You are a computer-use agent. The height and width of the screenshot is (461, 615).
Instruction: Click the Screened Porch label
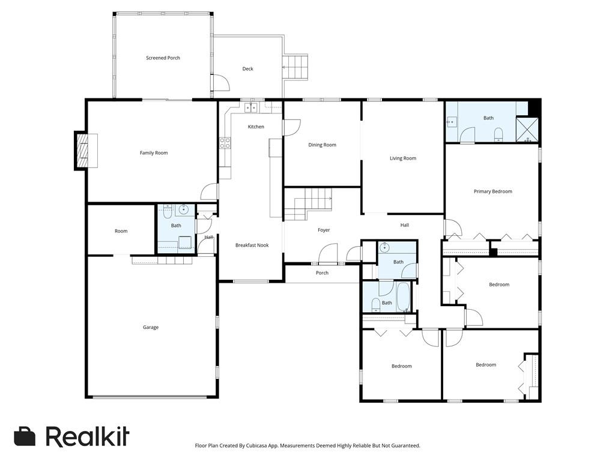point(163,58)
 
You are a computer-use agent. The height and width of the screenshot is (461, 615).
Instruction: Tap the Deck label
point(247,69)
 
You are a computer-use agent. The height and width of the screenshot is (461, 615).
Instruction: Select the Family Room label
point(154,153)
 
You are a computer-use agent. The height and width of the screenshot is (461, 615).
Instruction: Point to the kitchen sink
point(250,108)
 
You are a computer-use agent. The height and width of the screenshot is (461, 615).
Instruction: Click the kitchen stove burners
point(225,143)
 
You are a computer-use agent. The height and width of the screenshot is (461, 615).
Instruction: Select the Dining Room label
point(322,145)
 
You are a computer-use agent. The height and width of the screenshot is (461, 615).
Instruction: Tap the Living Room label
point(402,158)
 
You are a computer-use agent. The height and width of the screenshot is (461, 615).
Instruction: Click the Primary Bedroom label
point(492,191)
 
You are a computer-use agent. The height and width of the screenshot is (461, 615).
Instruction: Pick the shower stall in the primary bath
point(528,130)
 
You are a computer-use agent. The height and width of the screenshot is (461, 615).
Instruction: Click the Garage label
point(151,327)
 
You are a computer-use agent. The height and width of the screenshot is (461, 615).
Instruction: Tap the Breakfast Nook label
point(252,245)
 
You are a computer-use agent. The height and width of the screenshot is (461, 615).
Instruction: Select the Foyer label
point(324,230)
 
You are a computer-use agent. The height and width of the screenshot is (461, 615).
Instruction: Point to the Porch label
point(322,273)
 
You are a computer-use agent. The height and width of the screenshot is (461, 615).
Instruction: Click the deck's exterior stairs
point(295,67)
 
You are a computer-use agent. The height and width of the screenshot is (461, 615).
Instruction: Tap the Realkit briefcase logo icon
point(25,436)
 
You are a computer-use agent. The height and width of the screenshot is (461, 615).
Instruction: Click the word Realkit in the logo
point(87,436)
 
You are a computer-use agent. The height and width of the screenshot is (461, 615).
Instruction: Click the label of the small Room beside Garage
point(121,231)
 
